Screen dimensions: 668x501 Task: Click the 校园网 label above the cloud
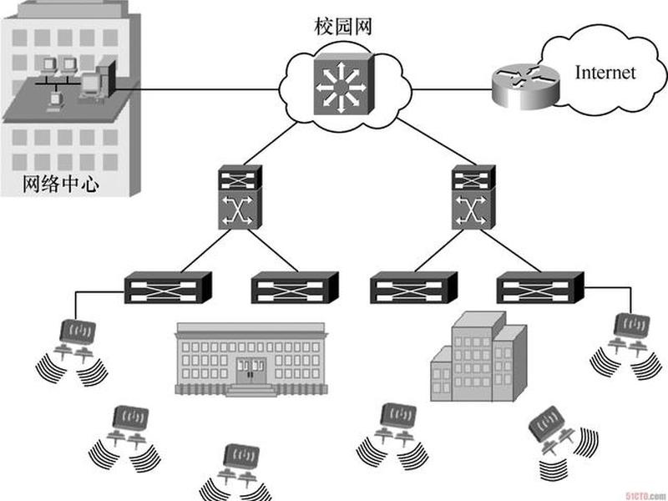click(343, 27)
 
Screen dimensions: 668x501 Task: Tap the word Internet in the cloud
click(605, 73)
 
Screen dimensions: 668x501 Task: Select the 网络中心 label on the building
click(61, 184)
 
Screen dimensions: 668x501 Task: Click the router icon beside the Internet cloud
click(525, 87)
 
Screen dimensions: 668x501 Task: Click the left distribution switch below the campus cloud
click(240, 197)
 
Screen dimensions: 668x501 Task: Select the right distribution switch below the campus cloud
click(473, 197)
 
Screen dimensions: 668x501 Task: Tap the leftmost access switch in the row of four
click(168, 287)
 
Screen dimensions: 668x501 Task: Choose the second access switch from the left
click(295, 287)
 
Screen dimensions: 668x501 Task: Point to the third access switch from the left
click(413, 287)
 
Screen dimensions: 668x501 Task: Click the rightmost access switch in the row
click(540, 287)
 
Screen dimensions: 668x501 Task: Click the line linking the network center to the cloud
click(197, 89)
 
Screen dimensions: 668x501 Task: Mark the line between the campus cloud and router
click(452, 89)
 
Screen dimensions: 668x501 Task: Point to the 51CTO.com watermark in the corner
click(646, 495)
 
